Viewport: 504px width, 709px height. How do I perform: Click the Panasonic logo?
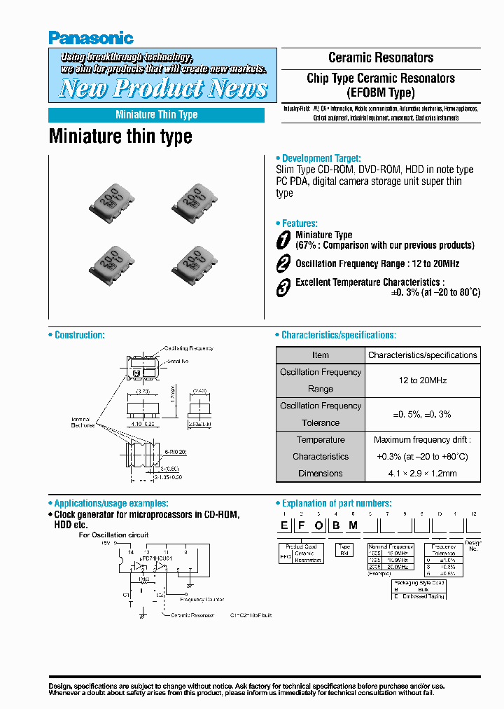(x=91, y=38)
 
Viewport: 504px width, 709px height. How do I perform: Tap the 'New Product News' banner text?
(x=163, y=88)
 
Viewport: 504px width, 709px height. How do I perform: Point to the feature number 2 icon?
(x=283, y=263)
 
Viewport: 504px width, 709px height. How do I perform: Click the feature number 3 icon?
(x=283, y=287)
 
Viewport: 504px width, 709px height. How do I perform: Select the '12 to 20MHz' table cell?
(x=423, y=380)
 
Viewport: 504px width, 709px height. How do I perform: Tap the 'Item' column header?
(x=321, y=355)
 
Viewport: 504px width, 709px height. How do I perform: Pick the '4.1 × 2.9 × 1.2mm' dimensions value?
(x=423, y=474)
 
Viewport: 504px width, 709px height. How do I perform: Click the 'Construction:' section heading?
(x=79, y=335)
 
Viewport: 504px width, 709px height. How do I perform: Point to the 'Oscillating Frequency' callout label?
(x=188, y=348)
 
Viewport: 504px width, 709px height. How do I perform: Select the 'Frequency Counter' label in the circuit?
(x=202, y=600)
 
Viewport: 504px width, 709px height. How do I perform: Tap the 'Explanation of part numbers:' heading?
(x=336, y=503)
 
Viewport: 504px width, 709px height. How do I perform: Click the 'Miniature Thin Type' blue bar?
(x=156, y=115)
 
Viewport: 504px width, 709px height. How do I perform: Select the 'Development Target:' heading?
(x=321, y=158)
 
